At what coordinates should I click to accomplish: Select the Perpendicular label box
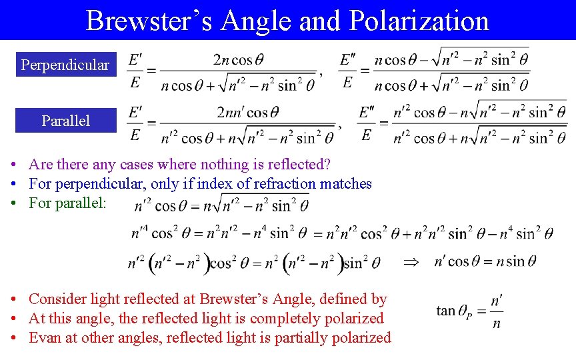(x=65, y=65)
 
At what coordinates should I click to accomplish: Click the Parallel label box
(x=65, y=121)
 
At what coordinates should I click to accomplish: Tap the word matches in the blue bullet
(x=345, y=183)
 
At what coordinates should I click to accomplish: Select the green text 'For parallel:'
(x=67, y=203)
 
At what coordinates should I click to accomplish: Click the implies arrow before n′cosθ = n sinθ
(x=413, y=262)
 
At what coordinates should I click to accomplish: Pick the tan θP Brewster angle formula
(x=469, y=310)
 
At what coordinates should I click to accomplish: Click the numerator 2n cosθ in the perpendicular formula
(x=238, y=59)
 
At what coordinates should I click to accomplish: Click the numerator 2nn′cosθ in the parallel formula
(x=247, y=111)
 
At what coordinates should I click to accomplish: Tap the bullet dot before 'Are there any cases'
(x=14, y=165)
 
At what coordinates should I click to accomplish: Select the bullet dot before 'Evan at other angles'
(x=14, y=339)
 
